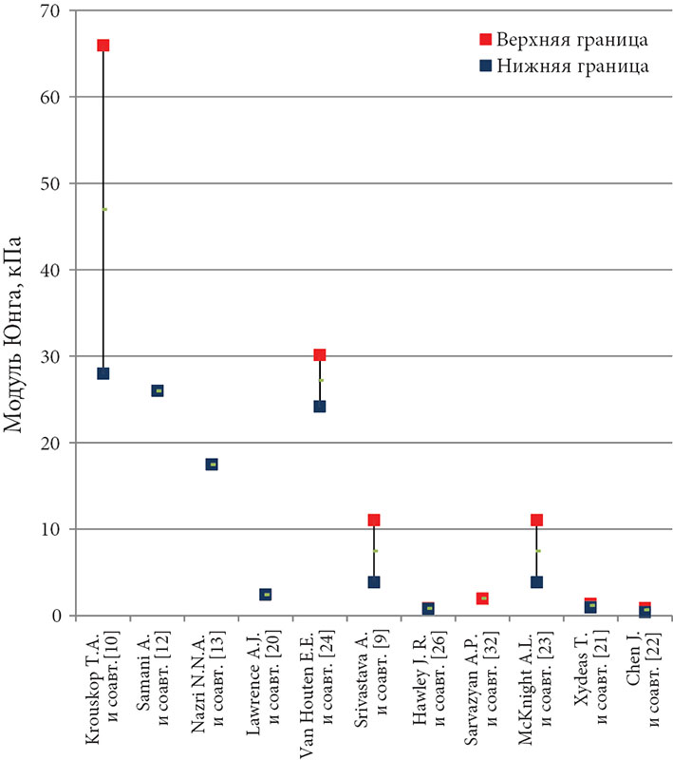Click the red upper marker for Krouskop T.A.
coord(103,46)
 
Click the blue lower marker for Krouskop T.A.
coord(103,373)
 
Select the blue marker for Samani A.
coord(158,390)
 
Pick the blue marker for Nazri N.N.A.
coord(212,465)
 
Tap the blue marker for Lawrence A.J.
coord(266,595)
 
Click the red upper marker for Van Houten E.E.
coord(320,355)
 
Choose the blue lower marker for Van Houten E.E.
coord(320,407)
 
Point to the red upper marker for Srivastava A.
coord(374,520)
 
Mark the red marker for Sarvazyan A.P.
coord(482,598)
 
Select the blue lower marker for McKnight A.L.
coord(536,582)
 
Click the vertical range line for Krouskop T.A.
coord(103,209)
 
